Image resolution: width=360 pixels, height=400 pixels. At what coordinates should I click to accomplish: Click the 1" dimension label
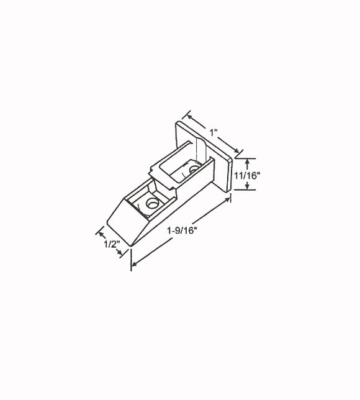pos(213,132)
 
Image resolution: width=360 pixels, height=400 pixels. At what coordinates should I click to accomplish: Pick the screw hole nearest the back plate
pos(193,168)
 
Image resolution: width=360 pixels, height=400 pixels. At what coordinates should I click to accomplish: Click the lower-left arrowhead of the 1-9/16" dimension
pos(134,265)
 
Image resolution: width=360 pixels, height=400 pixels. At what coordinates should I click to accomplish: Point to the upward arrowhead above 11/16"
pos(248,161)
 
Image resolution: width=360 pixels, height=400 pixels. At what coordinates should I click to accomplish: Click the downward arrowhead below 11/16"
pos(248,188)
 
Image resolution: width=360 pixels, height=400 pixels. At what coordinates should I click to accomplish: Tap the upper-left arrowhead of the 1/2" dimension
pos(100,233)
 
